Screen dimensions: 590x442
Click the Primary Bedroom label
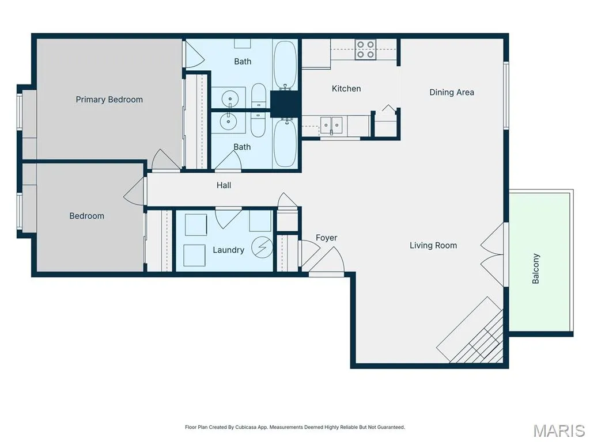tap(109, 100)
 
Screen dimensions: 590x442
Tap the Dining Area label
tap(452, 93)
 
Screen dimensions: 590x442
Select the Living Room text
tap(433, 245)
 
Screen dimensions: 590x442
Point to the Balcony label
tap(536, 268)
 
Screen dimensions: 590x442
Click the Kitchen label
tap(346, 89)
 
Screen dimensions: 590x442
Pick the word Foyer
tap(326, 238)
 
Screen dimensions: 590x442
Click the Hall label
tap(224, 185)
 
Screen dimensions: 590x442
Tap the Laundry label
tap(228, 250)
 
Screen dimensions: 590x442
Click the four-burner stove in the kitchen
tap(365, 49)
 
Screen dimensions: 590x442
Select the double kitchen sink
tap(331, 125)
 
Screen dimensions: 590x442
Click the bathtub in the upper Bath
tap(285, 64)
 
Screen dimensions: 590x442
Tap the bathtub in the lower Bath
tap(285, 143)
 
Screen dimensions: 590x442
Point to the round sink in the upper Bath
tap(229, 100)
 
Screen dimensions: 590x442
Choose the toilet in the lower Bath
tap(258, 124)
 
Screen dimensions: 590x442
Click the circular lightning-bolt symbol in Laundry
tap(262, 247)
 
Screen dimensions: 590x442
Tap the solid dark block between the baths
tap(285, 104)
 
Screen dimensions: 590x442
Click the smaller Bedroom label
tap(86, 216)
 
